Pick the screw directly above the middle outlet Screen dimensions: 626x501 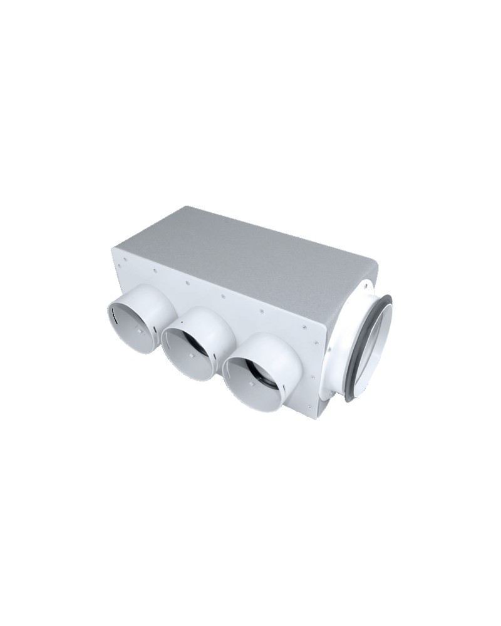tap(187, 283)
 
